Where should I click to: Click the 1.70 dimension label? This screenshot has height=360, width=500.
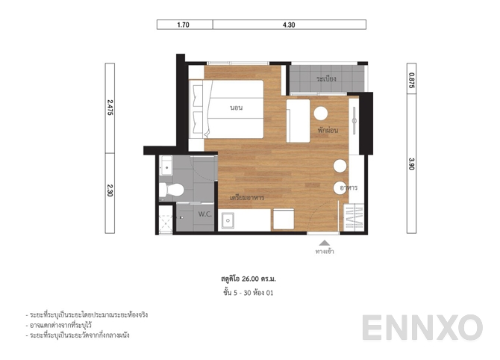pos(184,25)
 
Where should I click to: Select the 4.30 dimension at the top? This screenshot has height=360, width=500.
pos(290,25)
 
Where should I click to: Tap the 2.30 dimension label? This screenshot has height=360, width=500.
pos(110,191)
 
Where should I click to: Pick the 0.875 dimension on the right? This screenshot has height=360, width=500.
pos(411,80)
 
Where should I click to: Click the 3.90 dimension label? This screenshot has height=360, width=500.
pos(411,164)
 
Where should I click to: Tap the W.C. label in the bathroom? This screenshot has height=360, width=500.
pos(205,214)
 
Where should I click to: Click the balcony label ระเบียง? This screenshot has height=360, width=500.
pos(325,78)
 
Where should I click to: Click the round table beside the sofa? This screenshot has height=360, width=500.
pos(321,114)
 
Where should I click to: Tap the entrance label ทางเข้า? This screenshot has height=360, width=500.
pos(324,252)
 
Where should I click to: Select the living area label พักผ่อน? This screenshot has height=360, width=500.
pos(328,130)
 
